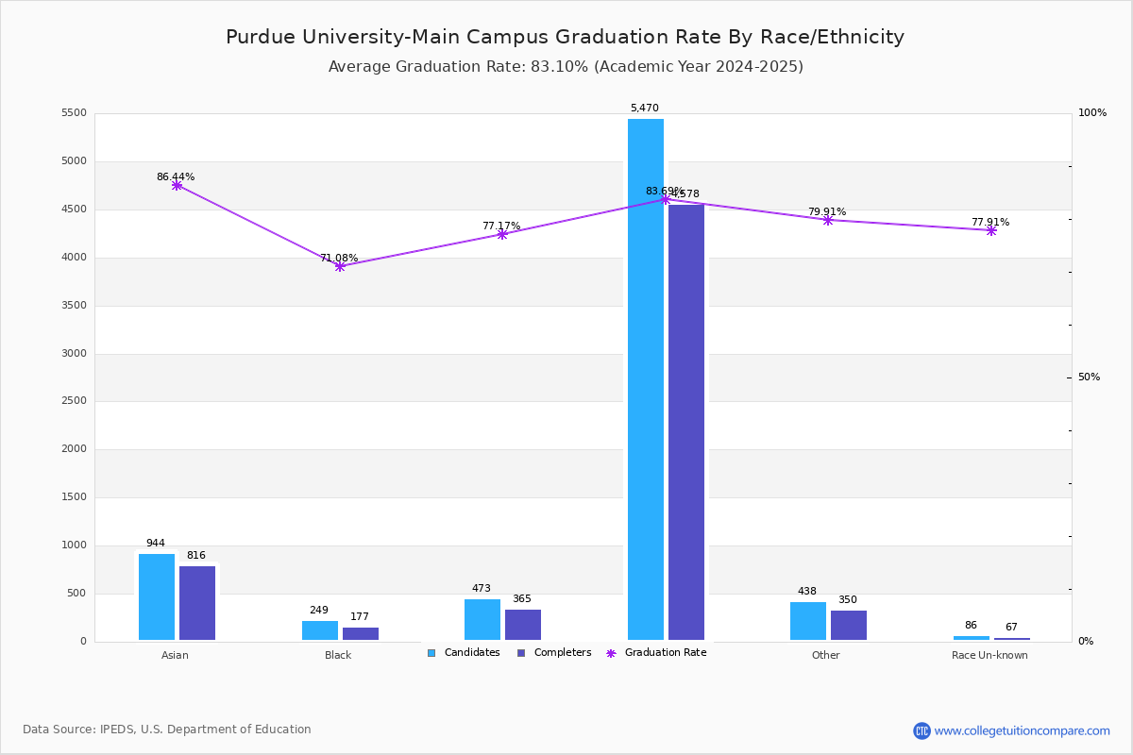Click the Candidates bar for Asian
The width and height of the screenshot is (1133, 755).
pos(157,596)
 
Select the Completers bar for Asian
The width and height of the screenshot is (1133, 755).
pos(197,603)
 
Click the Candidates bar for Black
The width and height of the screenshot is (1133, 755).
pos(320,630)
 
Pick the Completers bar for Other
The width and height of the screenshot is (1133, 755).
pos(849,625)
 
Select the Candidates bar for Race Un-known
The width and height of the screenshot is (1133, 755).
pos(972,638)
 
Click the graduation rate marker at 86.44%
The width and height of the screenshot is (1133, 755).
pos(177,185)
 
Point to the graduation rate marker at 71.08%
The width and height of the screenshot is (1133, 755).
pos(340,266)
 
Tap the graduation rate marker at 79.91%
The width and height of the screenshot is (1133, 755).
pos(828,220)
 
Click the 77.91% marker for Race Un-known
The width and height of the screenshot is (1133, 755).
pos(991,230)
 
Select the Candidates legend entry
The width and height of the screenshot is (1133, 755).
pos(464,653)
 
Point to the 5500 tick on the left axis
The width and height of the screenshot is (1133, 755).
pos(73,113)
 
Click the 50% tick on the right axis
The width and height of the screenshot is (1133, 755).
pos(1089,377)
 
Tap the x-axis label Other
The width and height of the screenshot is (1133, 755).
pos(825,655)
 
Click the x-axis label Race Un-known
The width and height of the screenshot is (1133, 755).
pos(989,655)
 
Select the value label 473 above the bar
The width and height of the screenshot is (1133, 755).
pos(482,589)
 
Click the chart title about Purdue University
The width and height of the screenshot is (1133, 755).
pos(565,37)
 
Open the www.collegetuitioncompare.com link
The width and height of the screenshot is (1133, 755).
pos(1022,730)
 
